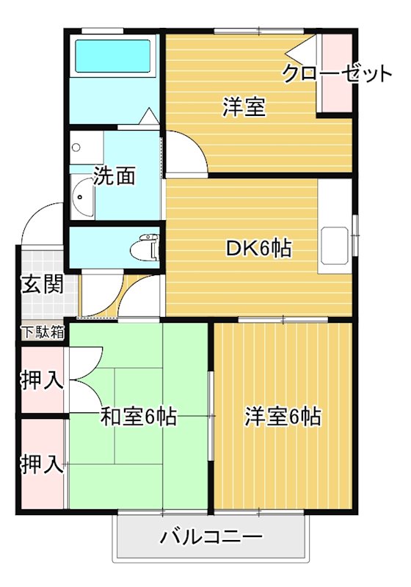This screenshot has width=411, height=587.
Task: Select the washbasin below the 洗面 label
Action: pos(83,196)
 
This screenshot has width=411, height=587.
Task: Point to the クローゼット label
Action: pos(337,73)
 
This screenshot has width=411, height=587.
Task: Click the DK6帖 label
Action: pos(258,248)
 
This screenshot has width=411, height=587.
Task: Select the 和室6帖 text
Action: pos(137,417)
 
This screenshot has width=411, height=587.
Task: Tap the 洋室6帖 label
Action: pos(283,416)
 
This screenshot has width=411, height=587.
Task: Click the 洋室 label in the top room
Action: pos(244,107)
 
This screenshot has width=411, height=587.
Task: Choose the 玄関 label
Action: pos(40,284)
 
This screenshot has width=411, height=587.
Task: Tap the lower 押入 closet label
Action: pos(41,464)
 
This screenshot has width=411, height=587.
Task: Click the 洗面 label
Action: pos(115,176)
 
